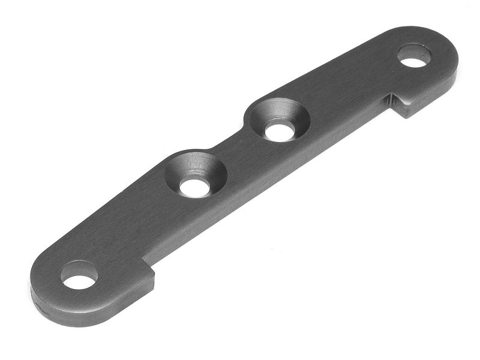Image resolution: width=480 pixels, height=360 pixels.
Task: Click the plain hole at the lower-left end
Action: click(x=79, y=280)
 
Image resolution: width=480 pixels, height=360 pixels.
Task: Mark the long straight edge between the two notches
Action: click(x=270, y=186)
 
